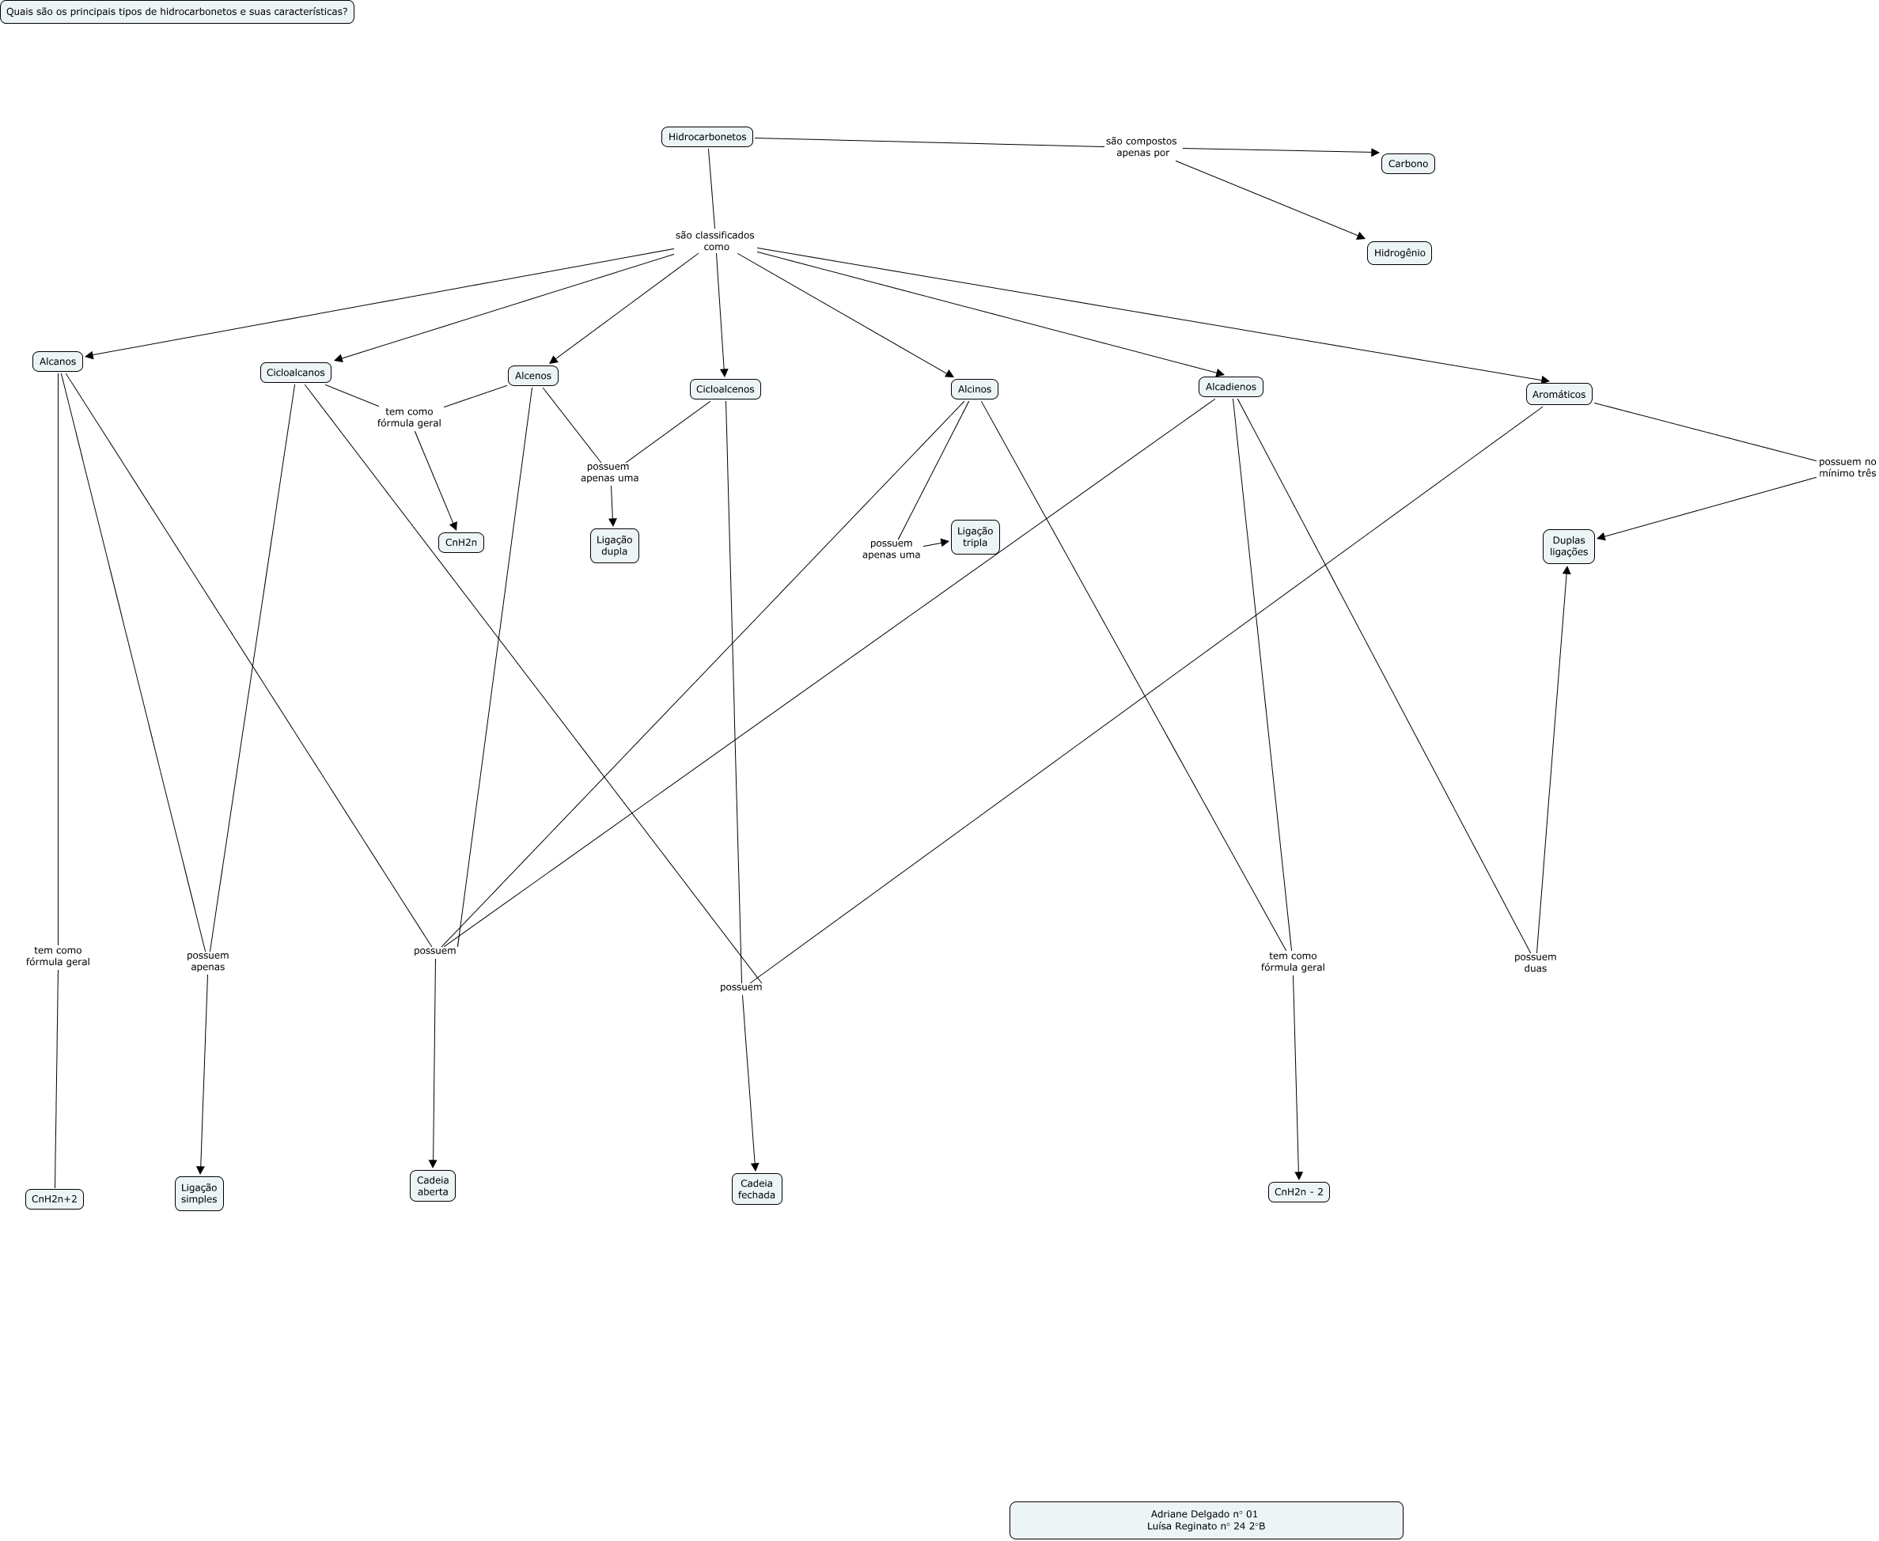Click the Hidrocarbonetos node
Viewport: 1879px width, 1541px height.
pos(707,137)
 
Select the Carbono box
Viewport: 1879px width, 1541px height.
pos(1407,163)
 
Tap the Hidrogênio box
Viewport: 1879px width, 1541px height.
pos(1399,253)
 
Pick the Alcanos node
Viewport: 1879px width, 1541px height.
pos(58,362)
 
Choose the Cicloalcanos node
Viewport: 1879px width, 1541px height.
pos(296,373)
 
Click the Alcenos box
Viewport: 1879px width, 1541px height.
pos(532,376)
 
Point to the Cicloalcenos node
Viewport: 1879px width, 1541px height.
pos(725,388)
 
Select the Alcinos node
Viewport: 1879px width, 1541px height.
pos(974,388)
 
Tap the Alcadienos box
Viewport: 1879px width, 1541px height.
pos(1230,386)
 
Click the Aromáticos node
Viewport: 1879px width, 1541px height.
pos(1559,394)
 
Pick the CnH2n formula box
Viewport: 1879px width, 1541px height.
pos(460,543)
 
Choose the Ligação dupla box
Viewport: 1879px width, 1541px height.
pos(614,545)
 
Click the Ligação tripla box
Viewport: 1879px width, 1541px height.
pos(975,536)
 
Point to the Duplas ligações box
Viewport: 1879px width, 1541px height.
pos(1568,546)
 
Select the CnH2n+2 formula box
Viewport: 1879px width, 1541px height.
pos(54,1198)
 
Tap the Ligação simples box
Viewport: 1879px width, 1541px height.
pos(199,1193)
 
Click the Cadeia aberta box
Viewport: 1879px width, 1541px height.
pos(432,1186)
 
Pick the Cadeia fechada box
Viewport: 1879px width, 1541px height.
pos(756,1189)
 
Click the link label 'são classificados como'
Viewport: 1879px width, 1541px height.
pos(714,240)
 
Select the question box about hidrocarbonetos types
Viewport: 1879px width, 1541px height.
pos(176,12)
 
